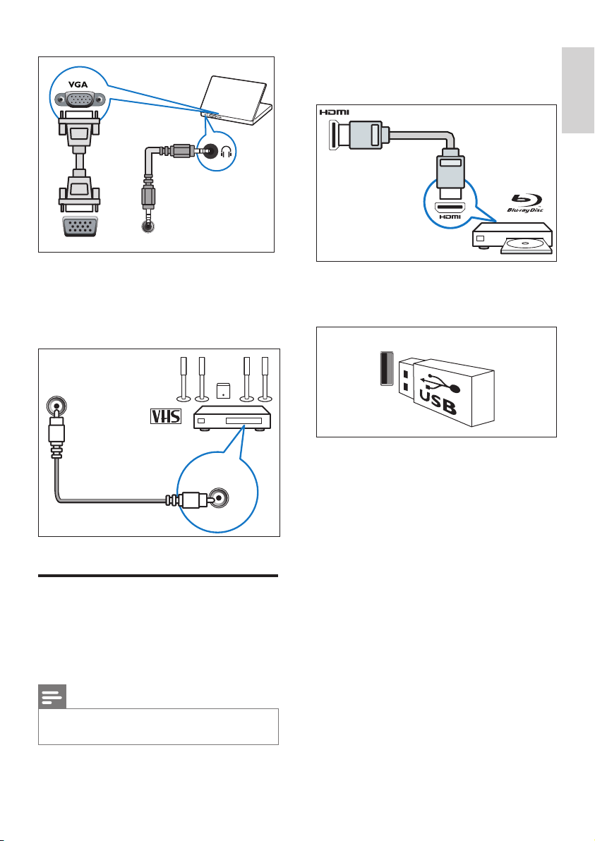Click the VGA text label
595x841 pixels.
click(78, 83)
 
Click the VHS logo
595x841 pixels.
click(165, 418)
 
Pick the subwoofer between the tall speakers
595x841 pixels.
click(223, 390)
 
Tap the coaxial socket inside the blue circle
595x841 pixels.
click(219, 498)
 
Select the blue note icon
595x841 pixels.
click(52, 696)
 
